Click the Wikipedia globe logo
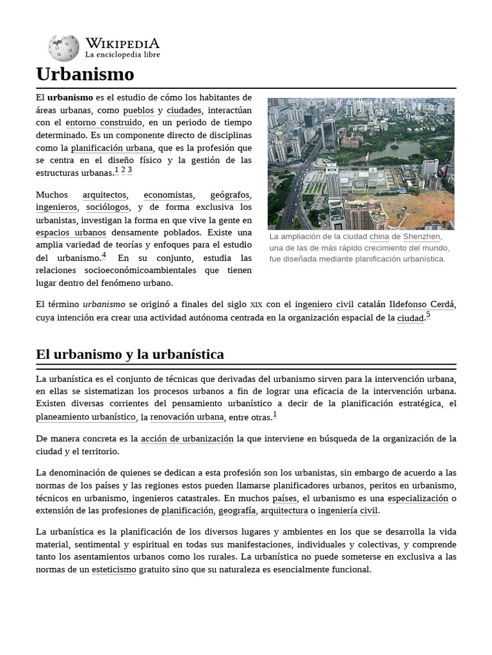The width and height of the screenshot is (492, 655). pyautogui.click(x=63, y=48)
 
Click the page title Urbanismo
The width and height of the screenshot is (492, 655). pyautogui.click(x=85, y=74)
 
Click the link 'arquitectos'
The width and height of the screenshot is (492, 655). pyautogui.click(x=104, y=194)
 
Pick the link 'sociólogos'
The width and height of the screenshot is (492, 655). pyautogui.click(x=108, y=207)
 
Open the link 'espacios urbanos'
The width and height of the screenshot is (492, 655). pyautogui.click(x=71, y=232)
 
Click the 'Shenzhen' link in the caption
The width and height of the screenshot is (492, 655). pyautogui.click(x=422, y=237)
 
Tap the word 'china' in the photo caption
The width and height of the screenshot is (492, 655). pyautogui.click(x=379, y=237)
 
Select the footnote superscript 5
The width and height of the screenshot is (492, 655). pyautogui.click(x=428, y=315)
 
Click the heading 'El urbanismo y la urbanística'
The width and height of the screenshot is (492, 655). pyautogui.click(x=130, y=354)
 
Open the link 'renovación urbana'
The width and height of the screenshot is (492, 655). pyautogui.click(x=187, y=417)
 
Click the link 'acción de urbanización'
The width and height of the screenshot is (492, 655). pyautogui.click(x=187, y=439)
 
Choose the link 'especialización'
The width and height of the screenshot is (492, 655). pyautogui.click(x=418, y=498)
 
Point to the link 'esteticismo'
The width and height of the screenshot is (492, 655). pyautogui.click(x=114, y=569)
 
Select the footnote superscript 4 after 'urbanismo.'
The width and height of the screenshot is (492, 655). pyautogui.click(x=104, y=256)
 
